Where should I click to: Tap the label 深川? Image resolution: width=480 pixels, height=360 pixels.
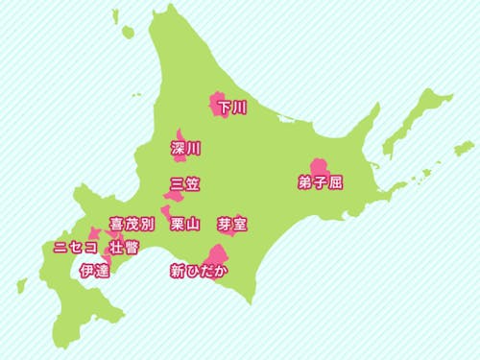[x=185, y=149]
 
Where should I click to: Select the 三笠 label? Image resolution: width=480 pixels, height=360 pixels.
[x=185, y=184]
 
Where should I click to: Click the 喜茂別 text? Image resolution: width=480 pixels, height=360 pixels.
[x=132, y=225]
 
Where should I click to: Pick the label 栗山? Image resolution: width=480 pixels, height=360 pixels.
[x=184, y=226]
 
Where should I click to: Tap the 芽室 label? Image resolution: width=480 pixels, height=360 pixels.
[x=233, y=225]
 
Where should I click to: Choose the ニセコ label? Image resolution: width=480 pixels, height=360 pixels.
[x=75, y=248]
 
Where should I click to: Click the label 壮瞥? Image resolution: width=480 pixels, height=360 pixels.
[x=123, y=248]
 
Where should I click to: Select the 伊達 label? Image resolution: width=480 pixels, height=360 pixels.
[x=95, y=271]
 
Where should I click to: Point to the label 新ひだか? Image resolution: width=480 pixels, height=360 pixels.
[x=199, y=271]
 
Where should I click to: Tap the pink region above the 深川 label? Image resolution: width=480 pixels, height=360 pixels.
[x=180, y=135]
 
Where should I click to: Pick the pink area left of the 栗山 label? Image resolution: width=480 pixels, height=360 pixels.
[x=166, y=213]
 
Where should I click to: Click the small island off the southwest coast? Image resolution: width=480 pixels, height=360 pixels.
[x=21, y=285]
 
